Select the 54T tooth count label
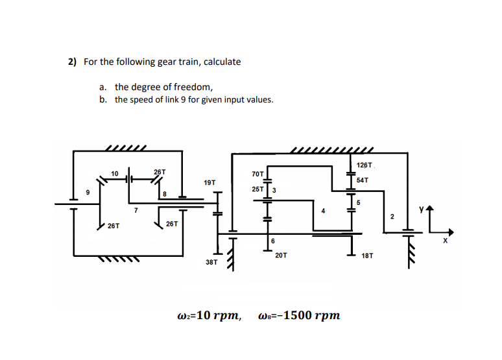point(362,180)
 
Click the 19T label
point(209,183)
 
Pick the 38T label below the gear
point(211,263)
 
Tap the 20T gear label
point(281,255)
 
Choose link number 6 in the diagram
point(273,241)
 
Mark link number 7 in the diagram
point(136,210)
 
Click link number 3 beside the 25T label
point(274,189)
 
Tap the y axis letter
point(421,210)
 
